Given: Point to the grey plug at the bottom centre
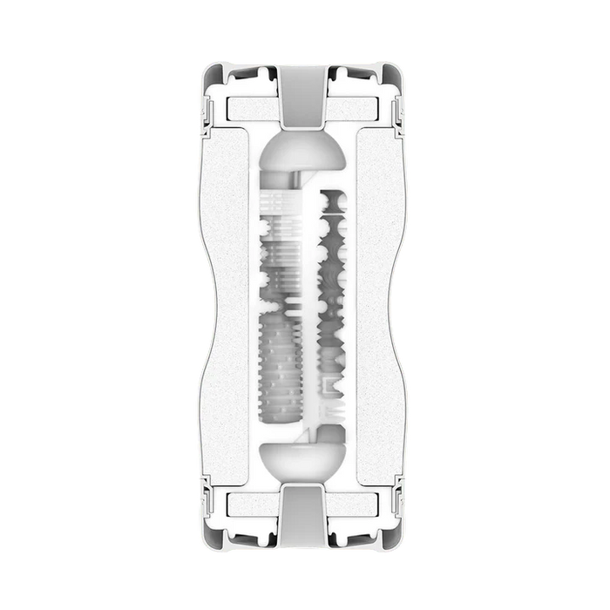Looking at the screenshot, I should coord(304,514).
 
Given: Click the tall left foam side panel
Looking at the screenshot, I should coord(234,305).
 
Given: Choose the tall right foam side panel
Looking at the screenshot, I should coord(376,305).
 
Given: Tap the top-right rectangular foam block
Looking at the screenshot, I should coord(360,108).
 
